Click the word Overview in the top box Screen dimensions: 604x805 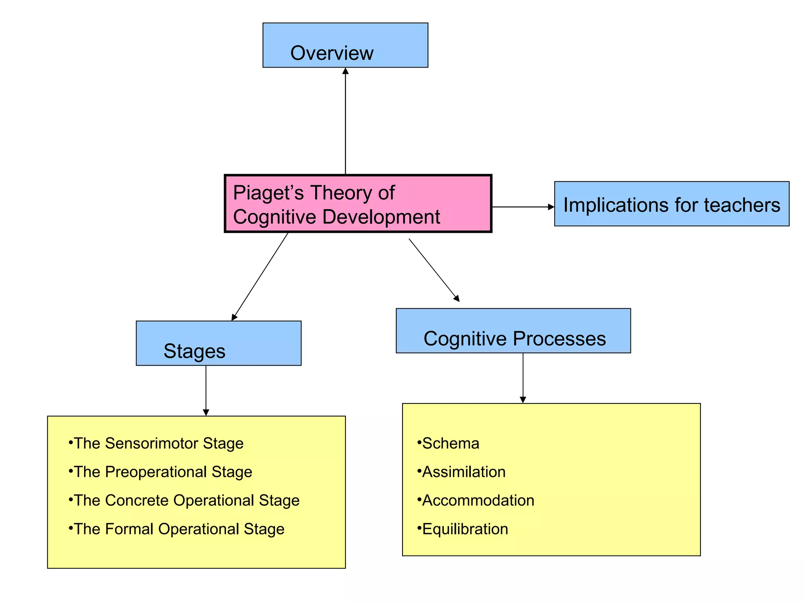(331, 53)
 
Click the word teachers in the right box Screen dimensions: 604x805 (742, 205)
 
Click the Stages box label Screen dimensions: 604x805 (194, 351)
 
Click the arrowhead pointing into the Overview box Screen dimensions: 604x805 (346, 71)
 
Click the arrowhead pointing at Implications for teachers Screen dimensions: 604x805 (551, 207)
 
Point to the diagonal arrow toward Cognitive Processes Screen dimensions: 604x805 (434, 270)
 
